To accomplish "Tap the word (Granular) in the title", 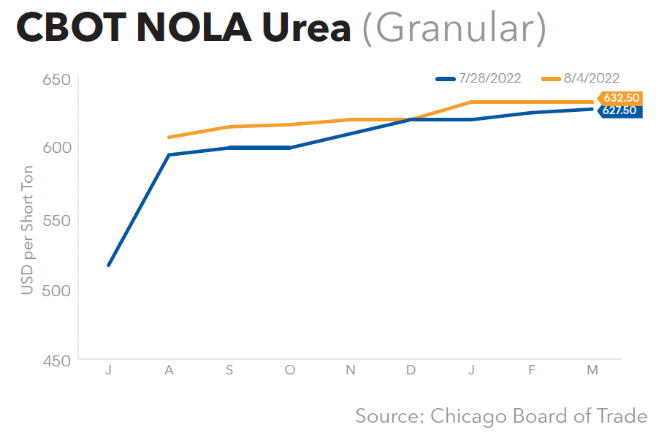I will point(454,29).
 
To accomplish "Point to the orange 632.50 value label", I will point(620,98).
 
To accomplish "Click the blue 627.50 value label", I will point(620,111).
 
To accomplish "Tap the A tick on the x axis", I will point(169,371).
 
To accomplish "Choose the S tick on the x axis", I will point(229,371).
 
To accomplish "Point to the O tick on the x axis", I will point(290,371).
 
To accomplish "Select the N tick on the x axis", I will point(351,371).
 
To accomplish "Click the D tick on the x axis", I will point(411,371).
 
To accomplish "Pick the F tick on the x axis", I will point(533,371).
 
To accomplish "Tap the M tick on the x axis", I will point(592,371).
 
